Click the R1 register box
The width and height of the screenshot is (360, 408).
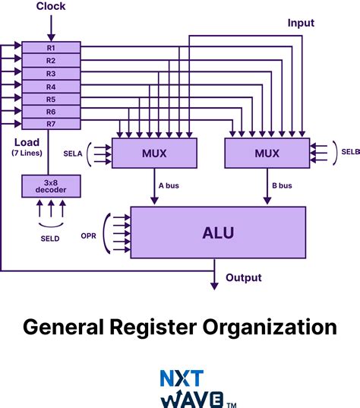[x=51, y=47]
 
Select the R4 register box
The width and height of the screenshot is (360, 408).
[x=51, y=86]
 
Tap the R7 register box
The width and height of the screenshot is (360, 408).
[x=51, y=124]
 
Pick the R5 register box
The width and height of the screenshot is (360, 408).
[x=51, y=99]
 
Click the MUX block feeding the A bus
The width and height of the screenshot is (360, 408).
[x=154, y=153]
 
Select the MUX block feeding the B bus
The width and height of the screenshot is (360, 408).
[x=267, y=153]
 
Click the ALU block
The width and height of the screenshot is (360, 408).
[x=218, y=231]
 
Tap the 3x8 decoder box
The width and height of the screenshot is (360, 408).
[x=50, y=185]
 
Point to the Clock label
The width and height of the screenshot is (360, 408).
[x=51, y=7]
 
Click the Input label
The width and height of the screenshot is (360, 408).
[x=301, y=23]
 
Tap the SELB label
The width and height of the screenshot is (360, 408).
[x=350, y=153]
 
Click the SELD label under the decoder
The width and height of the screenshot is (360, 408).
[x=50, y=238]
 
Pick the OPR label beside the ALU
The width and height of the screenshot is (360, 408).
[x=90, y=236]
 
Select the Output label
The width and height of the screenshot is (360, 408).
[x=243, y=278]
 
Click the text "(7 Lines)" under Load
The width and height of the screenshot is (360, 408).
[x=28, y=153]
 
